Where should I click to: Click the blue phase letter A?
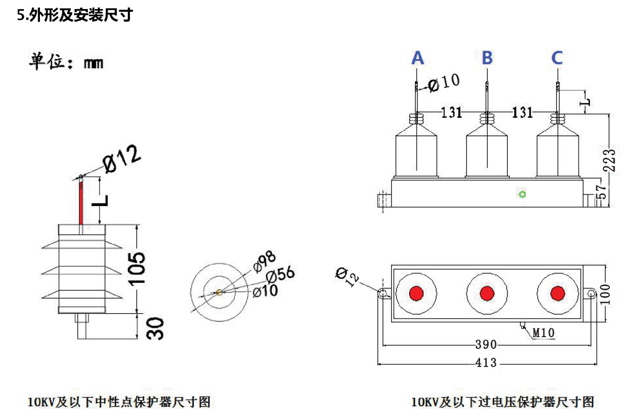[x=418, y=58]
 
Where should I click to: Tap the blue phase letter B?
[x=487, y=58]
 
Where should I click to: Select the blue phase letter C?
[x=557, y=58]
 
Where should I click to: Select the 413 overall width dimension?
[x=485, y=363]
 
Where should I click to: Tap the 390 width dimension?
[x=485, y=344]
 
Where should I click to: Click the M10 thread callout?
[x=543, y=333]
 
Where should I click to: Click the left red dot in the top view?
[x=416, y=293]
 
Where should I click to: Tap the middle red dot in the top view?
[x=487, y=293]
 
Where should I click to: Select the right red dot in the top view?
[x=558, y=293]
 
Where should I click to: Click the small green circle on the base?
[x=523, y=194]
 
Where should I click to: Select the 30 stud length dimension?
[x=155, y=328]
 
